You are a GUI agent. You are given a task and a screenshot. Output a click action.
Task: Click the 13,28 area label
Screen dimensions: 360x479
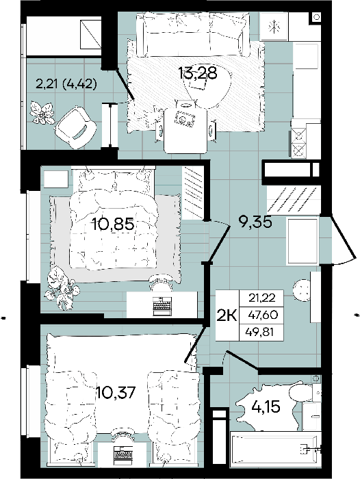pyautogui.click(x=198, y=73)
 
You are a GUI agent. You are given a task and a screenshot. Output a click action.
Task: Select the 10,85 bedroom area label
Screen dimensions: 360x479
pyautogui.click(x=114, y=224)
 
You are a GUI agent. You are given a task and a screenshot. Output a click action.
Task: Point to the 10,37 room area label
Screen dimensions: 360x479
pyautogui.click(x=116, y=392)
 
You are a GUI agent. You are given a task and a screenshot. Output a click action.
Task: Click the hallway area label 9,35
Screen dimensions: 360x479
pyautogui.click(x=255, y=222)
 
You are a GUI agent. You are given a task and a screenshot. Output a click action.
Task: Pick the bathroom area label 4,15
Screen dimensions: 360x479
pyautogui.click(x=266, y=406)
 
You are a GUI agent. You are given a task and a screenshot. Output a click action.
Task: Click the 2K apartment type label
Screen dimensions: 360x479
pyautogui.click(x=227, y=315)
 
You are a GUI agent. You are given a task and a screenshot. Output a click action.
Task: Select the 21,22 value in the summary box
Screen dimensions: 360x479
pyautogui.click(x=262, y=297)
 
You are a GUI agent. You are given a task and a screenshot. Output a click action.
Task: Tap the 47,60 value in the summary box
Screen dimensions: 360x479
pyautogui.click(x=263, y=314)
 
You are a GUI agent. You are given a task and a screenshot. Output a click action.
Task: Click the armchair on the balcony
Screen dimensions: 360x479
pyautogui.click(x=76, y=128)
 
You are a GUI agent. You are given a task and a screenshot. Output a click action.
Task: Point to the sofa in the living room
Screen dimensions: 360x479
pyautogui.click(x=192, y=34)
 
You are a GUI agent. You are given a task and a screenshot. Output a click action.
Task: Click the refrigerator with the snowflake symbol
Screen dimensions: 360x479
pyautogui.click(x=274, y=27)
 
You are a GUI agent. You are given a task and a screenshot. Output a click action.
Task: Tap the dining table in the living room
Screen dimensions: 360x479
pyautogui.click(x=185, y=131)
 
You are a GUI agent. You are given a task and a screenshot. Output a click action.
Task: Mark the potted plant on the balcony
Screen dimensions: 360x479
pyautogui.click(x=42, y=113)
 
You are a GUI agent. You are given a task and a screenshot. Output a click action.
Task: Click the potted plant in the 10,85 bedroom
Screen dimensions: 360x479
pyautogui.click(x=62, y=288)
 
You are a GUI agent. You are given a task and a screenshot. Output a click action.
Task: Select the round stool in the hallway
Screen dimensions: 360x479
pyautogui.click(x=302, y=290)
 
